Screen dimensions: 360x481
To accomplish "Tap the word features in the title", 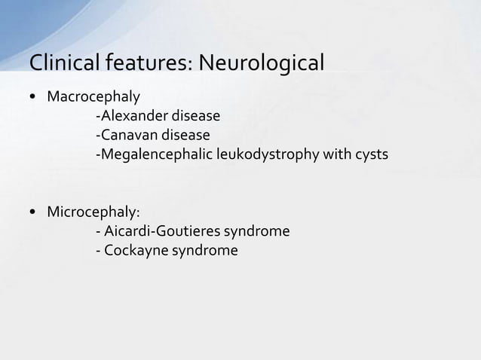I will coord(146,62).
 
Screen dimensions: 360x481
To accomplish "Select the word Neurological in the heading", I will coord(262,62).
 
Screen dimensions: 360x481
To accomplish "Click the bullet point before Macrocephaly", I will coord(34,98).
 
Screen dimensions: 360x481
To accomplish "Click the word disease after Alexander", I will coord(196,117).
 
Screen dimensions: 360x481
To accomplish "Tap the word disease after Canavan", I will coord(186,136).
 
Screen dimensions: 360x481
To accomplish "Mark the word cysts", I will coord(373,155).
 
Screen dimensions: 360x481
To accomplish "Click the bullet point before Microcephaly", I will coord(34,212).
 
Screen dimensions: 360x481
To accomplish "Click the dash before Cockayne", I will coord(98,250).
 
